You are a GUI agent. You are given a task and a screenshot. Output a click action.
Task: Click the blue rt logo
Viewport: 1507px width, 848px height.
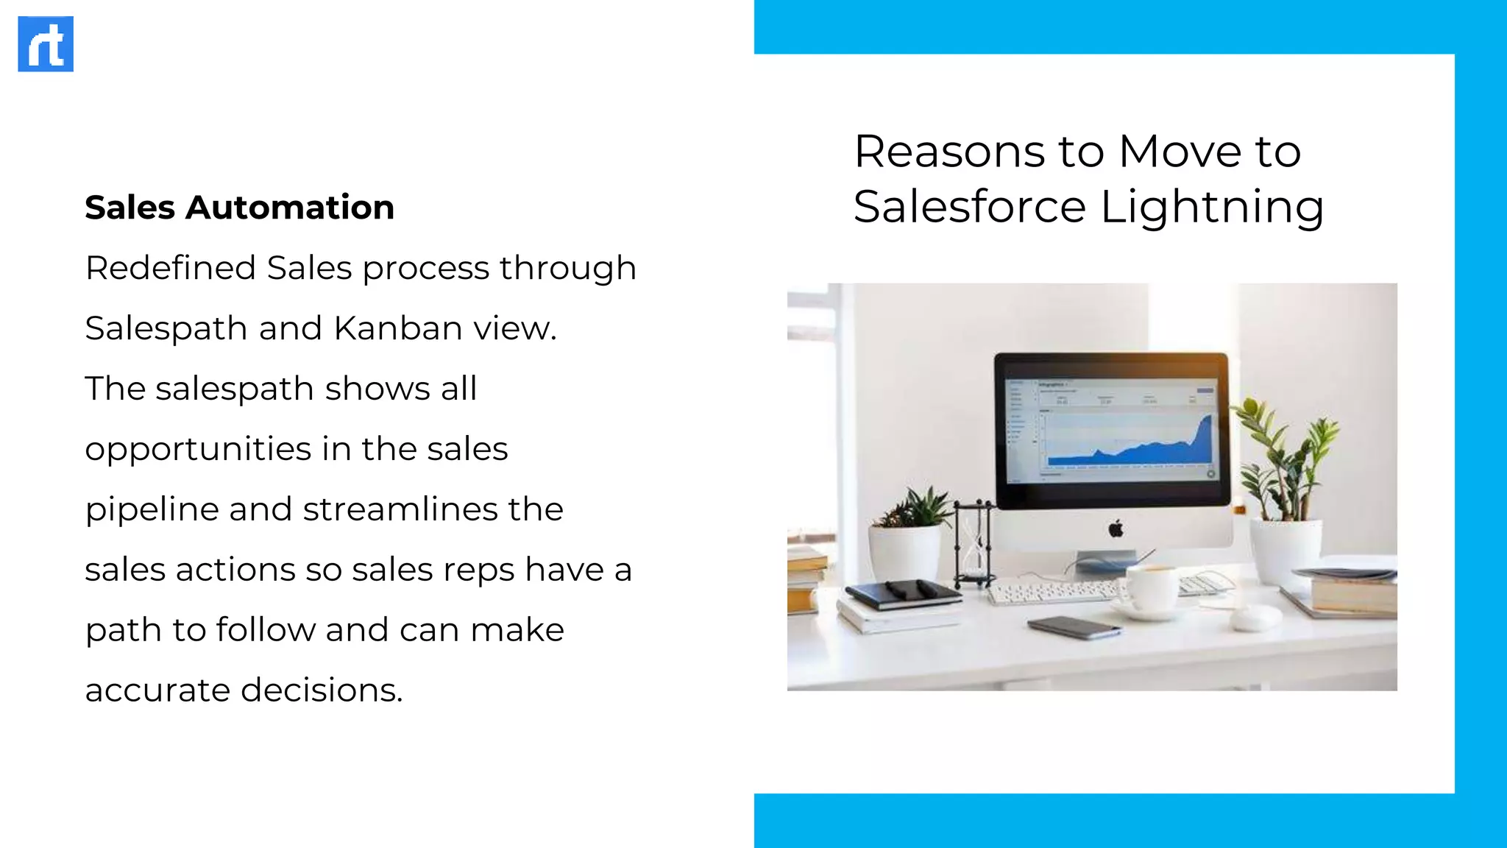(x=46, y=44)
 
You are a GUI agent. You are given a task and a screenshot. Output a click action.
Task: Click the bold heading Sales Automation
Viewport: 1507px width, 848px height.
(x=239, y=208)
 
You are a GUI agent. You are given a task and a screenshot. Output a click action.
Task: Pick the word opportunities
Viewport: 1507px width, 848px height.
(x=198, y=450)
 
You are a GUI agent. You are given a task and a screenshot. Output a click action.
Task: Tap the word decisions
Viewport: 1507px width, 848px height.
(x=322, y=690)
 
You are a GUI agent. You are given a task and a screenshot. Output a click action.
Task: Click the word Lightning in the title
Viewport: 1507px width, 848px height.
(x=1212, y=207)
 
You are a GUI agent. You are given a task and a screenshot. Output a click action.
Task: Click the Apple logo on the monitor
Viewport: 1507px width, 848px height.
(x=1116, y=529)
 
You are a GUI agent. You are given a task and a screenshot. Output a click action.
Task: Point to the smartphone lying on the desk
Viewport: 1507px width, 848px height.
(x=1075, y=627)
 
